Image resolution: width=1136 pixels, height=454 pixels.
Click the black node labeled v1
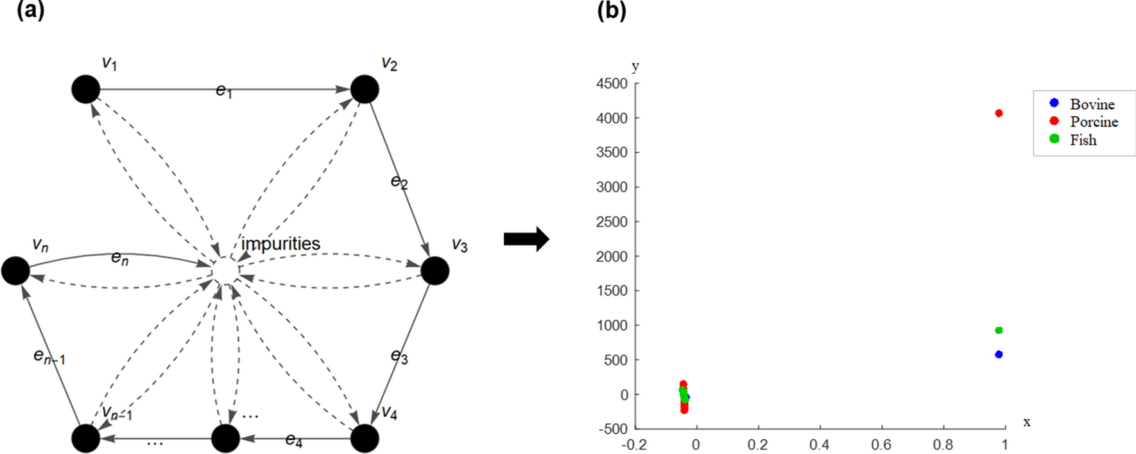click(86, 89)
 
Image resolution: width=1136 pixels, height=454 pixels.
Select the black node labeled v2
click(365, 89)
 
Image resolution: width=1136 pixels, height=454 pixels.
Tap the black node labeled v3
click(435, 270)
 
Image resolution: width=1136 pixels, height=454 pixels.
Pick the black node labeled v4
click(365, 439)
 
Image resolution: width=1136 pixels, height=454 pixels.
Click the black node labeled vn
click(15, 270)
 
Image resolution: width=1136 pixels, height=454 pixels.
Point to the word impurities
click(280, 244)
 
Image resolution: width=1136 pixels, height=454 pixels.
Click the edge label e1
click(224, 91)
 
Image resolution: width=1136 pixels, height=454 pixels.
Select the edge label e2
click(399, 182)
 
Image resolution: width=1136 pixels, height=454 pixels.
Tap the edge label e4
click(294, 440)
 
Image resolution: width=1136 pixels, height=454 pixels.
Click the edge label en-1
click(49, 356)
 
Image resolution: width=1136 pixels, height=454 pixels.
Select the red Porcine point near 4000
click(999, 113)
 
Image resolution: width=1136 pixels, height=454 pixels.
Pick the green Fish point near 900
click(999, 331)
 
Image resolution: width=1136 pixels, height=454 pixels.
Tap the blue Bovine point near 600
click(999, 354)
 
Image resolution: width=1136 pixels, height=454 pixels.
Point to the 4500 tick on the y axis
click(612, 83)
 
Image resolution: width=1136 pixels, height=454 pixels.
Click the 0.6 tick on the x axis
click(881, 444)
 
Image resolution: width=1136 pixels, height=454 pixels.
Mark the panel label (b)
click(611, 11)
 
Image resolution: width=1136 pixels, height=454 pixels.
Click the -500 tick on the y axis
click(614, 429)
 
